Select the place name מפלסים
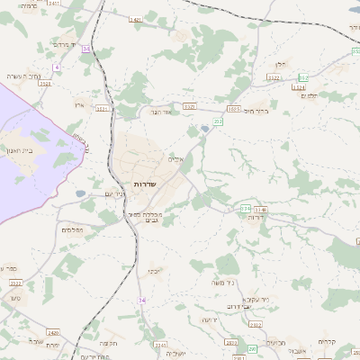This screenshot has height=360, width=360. point(73,231)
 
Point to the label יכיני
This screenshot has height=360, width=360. point(154,270)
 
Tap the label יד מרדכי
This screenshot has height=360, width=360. point(67,44)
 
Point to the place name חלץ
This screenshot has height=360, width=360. point(279,65)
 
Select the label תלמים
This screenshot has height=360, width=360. point(310,95)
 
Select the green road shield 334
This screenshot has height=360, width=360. point(246,209)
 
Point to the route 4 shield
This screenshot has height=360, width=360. point(56,67)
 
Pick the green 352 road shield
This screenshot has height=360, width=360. point(303,77)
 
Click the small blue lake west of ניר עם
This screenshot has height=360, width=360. point(81,193)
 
